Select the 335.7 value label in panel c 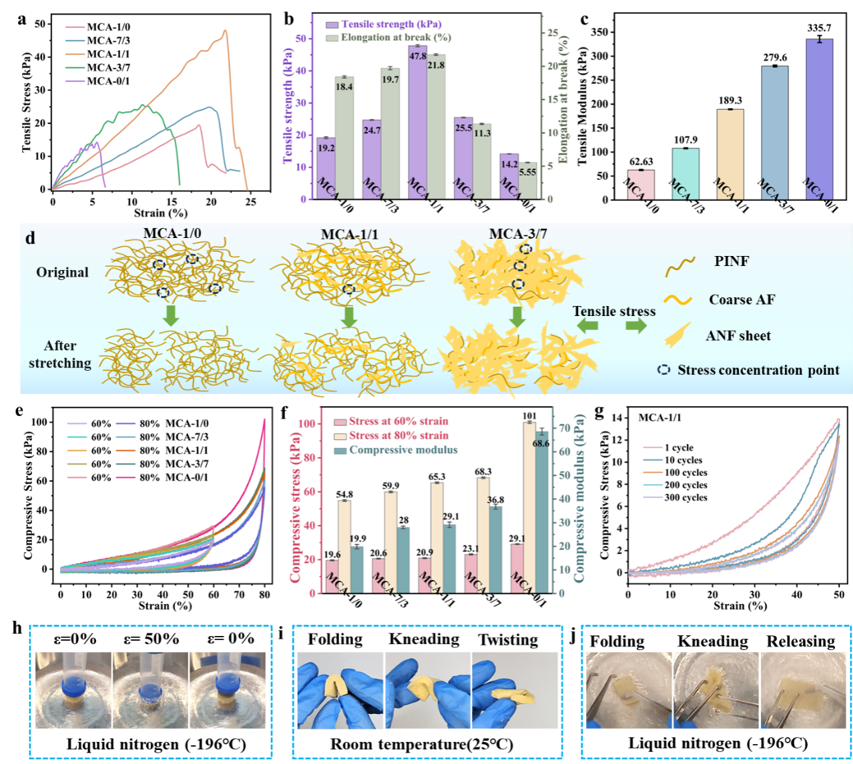coord(820,28)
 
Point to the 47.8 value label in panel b coord(418,56)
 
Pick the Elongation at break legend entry coord(396,37)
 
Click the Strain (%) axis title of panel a coord(160,213)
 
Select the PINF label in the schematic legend coord(732,261)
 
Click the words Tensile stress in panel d coord(614,311)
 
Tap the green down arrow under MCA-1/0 coord(172,315)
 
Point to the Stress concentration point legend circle coord(663,369)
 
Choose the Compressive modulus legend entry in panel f coord(403,450)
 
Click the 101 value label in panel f coord(529,416)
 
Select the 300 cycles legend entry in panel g coord(685,497)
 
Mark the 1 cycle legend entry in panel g coord(679,447)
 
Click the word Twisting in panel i coord(508,640)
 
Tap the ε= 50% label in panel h coord(152,639)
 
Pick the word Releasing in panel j coord(800,641)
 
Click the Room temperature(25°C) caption coord(422,744)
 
